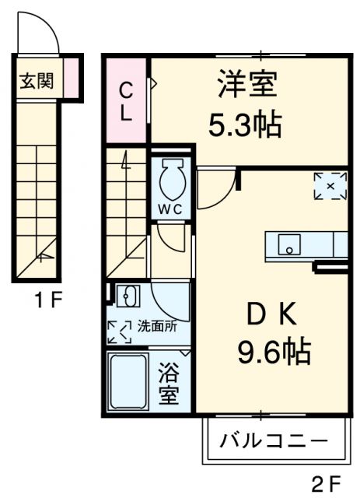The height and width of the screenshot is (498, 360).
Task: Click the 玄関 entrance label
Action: pyautogui.click(x=36, y=80)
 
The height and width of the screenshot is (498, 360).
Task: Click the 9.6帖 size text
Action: pyautogui.click(x=274, y=354)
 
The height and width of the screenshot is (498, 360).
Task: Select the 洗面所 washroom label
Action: pyautogui.click(x=157, y=326)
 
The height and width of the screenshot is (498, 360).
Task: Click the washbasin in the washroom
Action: pyautogui.click(x=126, y=296)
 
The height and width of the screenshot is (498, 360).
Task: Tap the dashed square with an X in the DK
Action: pyautogui.click(x=330, y=185)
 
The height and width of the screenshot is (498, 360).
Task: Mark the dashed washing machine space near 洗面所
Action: pyautogui.click(x=121, y=331)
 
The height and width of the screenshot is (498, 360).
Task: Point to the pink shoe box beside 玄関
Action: pyautogui.click(x=71, y=79)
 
